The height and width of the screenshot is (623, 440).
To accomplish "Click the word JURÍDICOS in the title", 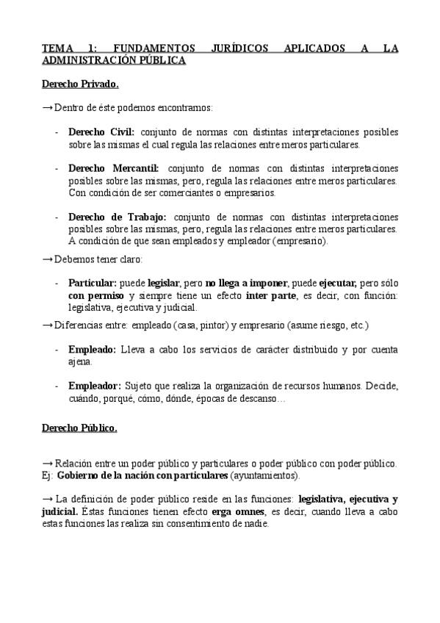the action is pyautogui.click(x=238, y=48).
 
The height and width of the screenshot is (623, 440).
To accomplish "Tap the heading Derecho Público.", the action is pyautogui.click(x=79, y=428).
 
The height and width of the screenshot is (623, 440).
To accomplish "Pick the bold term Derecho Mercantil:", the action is pyautogui.click(x=113, y=169).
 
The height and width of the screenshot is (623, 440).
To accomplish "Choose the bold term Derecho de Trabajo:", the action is pyautogui.click(x=118, y=217).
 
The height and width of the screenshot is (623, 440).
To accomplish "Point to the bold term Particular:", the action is pyautogui.click(x=93, y=283).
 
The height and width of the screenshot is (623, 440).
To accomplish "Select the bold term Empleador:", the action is pyautogui.click(x=94, y=385).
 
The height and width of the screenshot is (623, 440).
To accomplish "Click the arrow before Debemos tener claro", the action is pyautogui.click(x=48, y=259).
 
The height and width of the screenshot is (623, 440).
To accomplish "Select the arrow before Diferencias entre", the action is pyautogui.click(x=48, y=325).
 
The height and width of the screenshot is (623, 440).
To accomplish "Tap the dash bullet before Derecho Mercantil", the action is pyautogui.click(x=57, y=169).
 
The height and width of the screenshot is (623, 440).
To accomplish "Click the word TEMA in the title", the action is pyautogui.click(x=57, y=48).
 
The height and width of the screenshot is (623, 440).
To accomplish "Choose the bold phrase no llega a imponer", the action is pyautogui.click(x=246, y=283).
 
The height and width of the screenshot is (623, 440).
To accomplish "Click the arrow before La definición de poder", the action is pyautogui.click(x=48, y=498).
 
